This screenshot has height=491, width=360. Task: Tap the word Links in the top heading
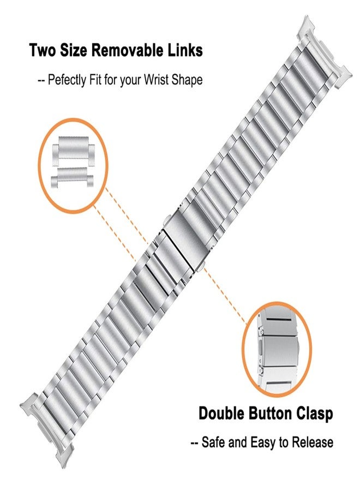coord(185,50)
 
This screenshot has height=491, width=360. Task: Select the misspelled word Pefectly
coord(67,80)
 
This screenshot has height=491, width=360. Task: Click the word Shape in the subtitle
coord(187,81)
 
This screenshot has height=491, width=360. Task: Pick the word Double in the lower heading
coord(221,413)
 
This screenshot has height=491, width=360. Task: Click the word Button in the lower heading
coord(271,413)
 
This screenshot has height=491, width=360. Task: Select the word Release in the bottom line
coord(312,442)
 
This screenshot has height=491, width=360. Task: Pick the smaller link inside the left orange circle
coord(72,177)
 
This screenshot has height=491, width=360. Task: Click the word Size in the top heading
coord(74,50)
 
